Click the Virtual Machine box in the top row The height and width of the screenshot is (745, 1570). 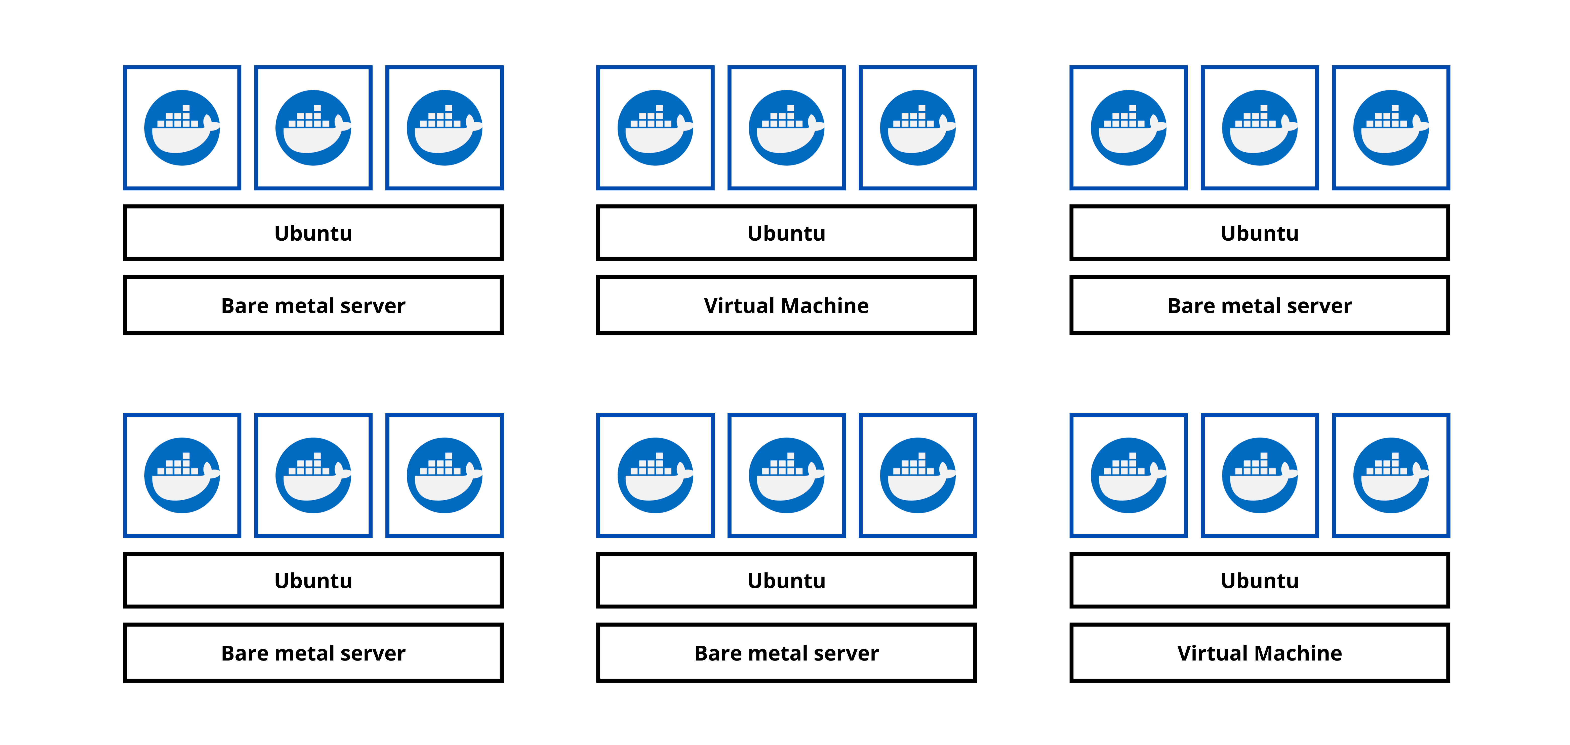786,305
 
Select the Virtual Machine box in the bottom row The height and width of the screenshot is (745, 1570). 1260,652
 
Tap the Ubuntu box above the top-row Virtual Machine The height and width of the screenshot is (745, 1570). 786,233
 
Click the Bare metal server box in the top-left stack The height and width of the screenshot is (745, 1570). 313,305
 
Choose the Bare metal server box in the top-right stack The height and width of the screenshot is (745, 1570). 1260,305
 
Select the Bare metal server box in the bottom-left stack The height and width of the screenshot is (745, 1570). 313,652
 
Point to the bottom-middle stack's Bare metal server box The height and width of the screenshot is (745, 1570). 786,652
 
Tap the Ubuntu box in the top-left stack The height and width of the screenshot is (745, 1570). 313,233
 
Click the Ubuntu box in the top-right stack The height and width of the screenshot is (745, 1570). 1260,233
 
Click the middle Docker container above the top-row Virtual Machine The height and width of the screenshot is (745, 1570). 786,128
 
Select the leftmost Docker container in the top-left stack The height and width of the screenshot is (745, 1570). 182,128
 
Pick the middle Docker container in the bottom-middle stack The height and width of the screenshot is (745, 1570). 786,475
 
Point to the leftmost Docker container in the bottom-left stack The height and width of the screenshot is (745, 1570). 182,475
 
